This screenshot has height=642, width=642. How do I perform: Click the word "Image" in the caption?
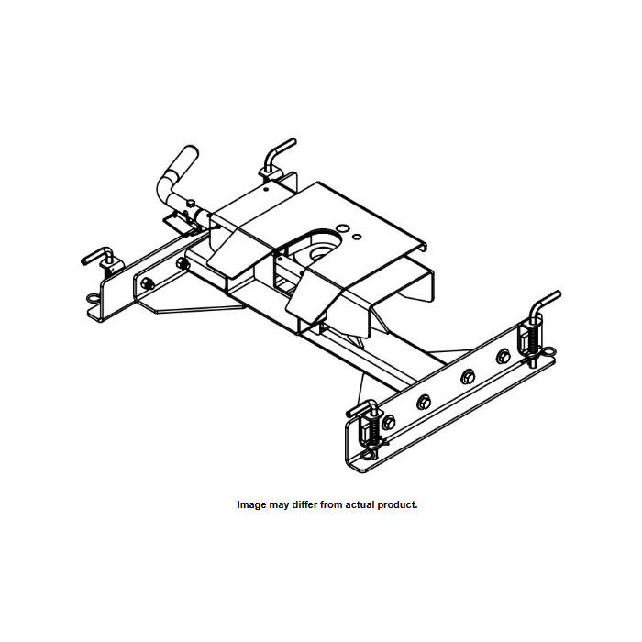click(252, 505)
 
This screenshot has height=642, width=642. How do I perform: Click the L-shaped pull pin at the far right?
click(547, 306)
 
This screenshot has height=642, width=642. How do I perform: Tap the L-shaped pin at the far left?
click(97, 256)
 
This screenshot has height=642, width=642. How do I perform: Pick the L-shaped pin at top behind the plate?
click(279, 150)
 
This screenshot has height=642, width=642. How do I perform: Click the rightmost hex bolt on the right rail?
click(503, 355)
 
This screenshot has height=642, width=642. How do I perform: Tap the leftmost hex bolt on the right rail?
click(389, 421)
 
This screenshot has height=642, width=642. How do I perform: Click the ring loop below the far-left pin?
click(95, 298)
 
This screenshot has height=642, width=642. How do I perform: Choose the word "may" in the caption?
click(279, 505)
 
